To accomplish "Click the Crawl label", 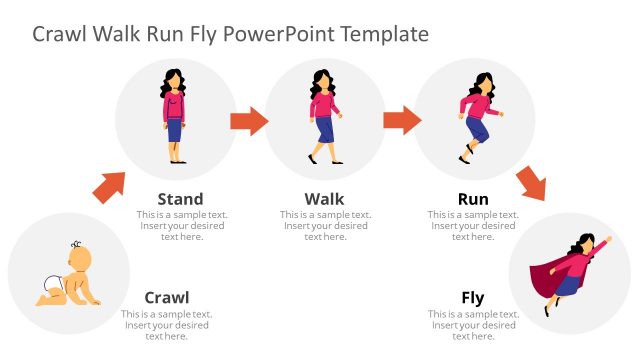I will click(167, 297).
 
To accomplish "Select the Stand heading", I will click(180, 199).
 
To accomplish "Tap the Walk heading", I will click(324, 199).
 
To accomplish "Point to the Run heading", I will click(473, 199).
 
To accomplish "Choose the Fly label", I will click(473, 297).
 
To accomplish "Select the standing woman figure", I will click(175, 116).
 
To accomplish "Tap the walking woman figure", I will click(323, 116).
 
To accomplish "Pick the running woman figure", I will click(475, 116).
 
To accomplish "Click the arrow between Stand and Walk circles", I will click(249, 122).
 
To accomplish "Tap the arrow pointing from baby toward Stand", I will click(109, 187).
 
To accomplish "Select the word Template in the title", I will click(384, 34).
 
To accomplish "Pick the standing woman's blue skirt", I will click(175, 129).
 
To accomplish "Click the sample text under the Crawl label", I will click(167, 325).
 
